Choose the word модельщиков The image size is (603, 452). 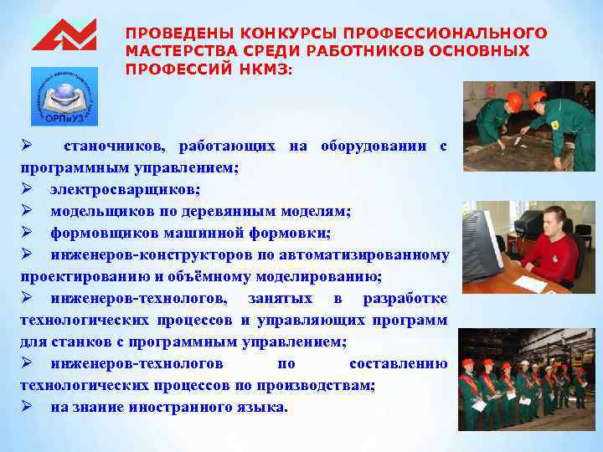click(94, 211)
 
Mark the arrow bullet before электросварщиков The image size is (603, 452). click(27, 189)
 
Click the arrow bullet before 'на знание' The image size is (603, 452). click(27, 407)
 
